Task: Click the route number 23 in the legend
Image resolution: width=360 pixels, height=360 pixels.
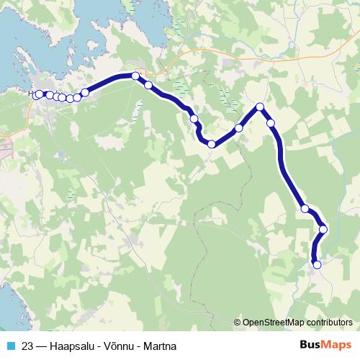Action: coord(27,345)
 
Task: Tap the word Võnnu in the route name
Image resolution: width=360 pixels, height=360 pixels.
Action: coord(118,345)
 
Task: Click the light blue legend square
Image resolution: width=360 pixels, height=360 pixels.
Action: coord(9,345)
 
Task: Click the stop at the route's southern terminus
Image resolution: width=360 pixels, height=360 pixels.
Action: coord(317,264)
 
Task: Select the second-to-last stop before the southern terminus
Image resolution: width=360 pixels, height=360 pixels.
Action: coord(323,230)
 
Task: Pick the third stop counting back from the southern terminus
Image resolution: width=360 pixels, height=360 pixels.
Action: coord(305,209)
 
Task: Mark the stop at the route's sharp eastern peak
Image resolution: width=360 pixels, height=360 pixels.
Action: coord(260,107)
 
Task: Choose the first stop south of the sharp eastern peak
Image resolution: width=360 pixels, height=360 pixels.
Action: coord(271,123)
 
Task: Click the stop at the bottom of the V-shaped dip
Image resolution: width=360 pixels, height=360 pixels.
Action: coord(212,144)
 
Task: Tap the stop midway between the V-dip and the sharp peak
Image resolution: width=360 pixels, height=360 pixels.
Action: coord(238,128)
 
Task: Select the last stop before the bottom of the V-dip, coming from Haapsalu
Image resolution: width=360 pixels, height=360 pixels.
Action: coord(194,118)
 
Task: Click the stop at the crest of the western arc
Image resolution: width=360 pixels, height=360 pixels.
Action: coord(135,76)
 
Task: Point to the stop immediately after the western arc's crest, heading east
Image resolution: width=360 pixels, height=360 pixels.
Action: coord(148,85)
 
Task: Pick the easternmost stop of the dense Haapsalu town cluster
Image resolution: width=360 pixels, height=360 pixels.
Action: coord(85,92)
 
